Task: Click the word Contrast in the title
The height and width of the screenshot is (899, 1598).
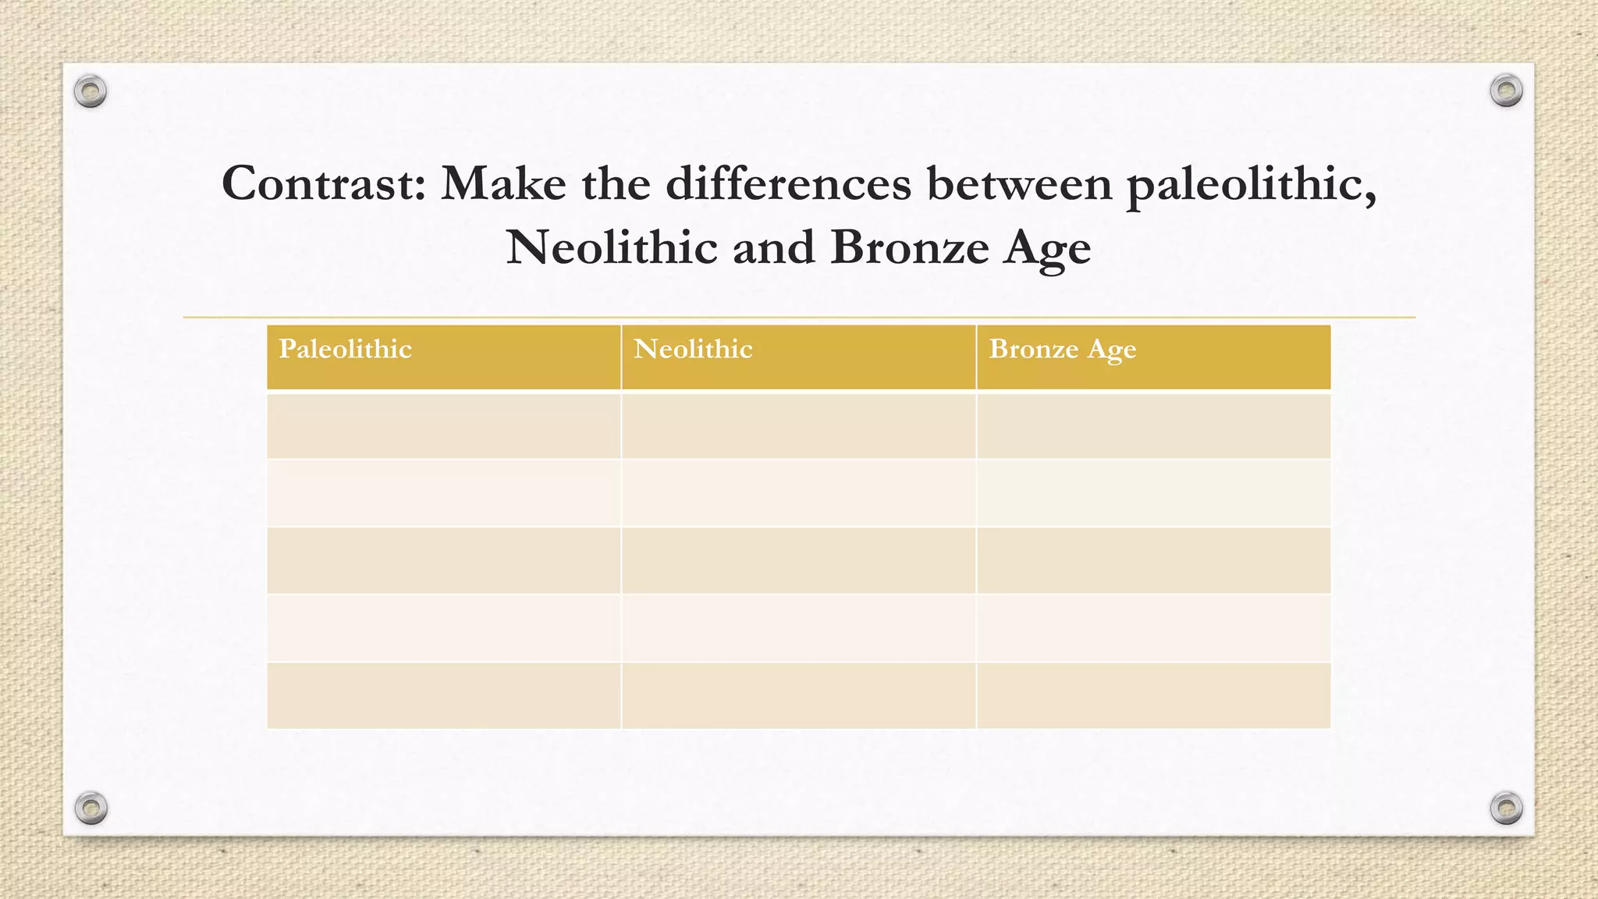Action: tap(323, 184)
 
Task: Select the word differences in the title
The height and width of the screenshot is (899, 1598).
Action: tap(787, 184)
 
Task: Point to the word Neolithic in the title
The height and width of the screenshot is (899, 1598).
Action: tap(612, 248)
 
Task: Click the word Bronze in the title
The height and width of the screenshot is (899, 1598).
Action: tap(909, 248)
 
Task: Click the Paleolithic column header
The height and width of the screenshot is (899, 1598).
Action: tap(346, 350)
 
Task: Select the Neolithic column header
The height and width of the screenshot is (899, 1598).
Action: tap(693, 350)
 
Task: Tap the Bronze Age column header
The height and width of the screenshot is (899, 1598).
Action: tap(1062, 350)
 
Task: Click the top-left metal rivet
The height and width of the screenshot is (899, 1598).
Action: tap(91, 92)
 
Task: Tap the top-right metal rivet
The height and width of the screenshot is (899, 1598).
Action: tap(1506, 91)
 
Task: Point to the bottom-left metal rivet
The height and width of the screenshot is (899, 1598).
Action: tap(91, 808)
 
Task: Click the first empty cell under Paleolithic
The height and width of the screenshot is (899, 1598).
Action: tap(443, 426)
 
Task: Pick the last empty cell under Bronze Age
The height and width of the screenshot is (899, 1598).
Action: tap(1153, 695)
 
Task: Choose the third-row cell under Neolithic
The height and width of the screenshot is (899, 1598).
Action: tap(798, 560)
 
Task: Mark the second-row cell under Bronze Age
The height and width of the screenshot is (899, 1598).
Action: tap(1153, 493)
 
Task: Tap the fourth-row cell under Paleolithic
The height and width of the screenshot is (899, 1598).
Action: tap(443, 628)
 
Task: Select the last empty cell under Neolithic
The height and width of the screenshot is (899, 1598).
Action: tap(798, 695)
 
